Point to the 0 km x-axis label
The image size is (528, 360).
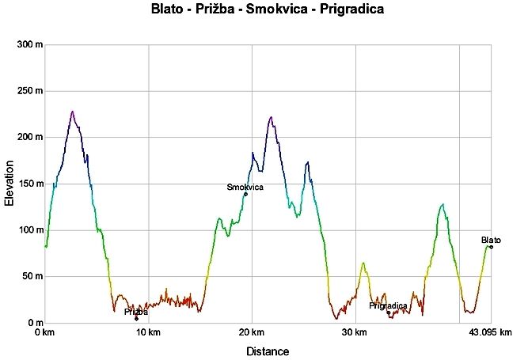click(45, 333)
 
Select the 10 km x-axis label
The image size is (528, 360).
click(148, 333)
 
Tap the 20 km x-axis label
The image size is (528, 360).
click(252, 333)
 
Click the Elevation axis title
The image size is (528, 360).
click(9, 184)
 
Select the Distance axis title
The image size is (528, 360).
click(268, 351)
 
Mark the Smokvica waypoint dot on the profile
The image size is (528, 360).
click(245, 194)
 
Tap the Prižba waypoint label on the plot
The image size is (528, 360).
click(135, 312)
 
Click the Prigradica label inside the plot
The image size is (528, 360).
click(388, 305)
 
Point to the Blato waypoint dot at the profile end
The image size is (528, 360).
click(491, 247)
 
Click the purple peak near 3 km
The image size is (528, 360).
click(72, 112)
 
